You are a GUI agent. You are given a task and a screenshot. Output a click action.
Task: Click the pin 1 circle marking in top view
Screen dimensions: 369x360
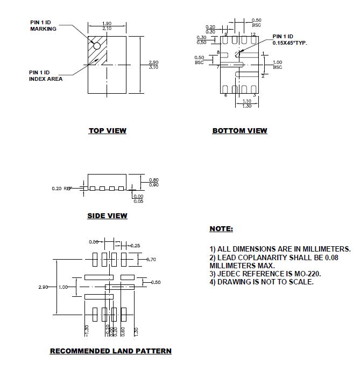pos(97,46)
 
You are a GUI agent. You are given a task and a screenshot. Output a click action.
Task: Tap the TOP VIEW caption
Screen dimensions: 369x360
pos(107,130)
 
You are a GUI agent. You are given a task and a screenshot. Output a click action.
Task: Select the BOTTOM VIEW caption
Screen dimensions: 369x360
pos(239,130)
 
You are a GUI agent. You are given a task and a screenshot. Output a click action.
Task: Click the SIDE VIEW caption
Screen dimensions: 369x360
pos(107,216)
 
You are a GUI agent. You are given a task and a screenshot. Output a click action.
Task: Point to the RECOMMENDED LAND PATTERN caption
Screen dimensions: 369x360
pos(111,351)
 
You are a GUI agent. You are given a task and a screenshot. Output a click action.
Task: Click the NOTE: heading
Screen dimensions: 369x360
pos(221,229)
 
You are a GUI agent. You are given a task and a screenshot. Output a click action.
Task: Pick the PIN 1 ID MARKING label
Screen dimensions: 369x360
pos(43,25)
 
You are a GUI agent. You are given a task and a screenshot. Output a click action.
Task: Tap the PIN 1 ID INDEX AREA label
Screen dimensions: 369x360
pos(45,75)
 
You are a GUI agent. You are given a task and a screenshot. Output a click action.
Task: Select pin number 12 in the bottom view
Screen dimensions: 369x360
pos(252,34)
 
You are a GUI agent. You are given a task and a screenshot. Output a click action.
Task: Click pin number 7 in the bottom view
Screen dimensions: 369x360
pos(218,67)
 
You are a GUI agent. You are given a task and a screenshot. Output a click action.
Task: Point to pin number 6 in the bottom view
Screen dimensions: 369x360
pos(225,95)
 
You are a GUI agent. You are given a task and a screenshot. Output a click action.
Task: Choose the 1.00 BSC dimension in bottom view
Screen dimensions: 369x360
pos(277,65)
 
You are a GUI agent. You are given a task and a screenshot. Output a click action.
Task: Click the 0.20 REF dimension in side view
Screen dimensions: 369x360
pos(61,189)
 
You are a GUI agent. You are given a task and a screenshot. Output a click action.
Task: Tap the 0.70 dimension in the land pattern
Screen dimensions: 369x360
pos(151,260)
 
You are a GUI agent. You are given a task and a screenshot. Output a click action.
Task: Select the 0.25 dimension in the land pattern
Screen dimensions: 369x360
pos(136,246)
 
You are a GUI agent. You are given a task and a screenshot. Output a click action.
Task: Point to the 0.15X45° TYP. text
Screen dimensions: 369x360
pos(290,42)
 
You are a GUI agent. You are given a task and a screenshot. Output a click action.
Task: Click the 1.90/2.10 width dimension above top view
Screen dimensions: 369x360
pos(107,26)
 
